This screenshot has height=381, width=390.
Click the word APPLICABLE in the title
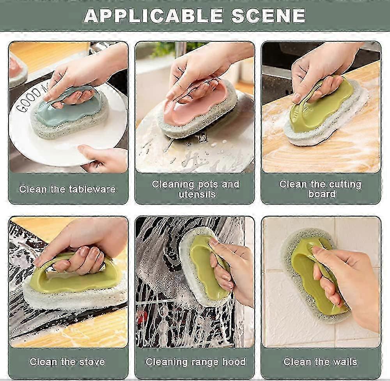153,16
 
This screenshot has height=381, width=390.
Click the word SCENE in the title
268,16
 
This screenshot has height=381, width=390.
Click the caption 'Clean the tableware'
67,189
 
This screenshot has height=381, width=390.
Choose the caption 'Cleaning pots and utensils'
195,189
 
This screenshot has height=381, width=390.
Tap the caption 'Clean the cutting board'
321,189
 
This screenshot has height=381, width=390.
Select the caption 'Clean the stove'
67,362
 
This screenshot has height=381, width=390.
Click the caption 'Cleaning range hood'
196,362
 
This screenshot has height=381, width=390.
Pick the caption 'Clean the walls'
320,362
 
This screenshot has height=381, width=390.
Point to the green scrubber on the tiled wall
316,276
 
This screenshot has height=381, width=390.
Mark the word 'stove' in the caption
92,362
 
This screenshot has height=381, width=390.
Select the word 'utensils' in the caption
197,194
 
